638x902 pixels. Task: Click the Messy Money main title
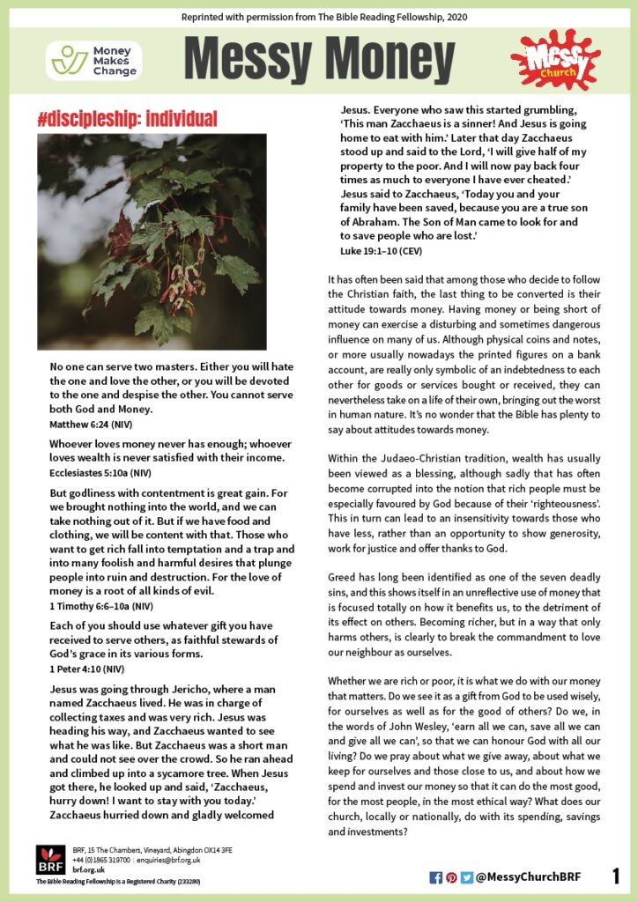[x=319, y=59]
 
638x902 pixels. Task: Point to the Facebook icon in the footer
[x=435, y=877]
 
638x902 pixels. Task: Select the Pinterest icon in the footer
[x=451, y=877]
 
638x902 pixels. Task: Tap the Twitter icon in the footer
[x=466, y=877]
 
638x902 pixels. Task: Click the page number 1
[x=615, y=876]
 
